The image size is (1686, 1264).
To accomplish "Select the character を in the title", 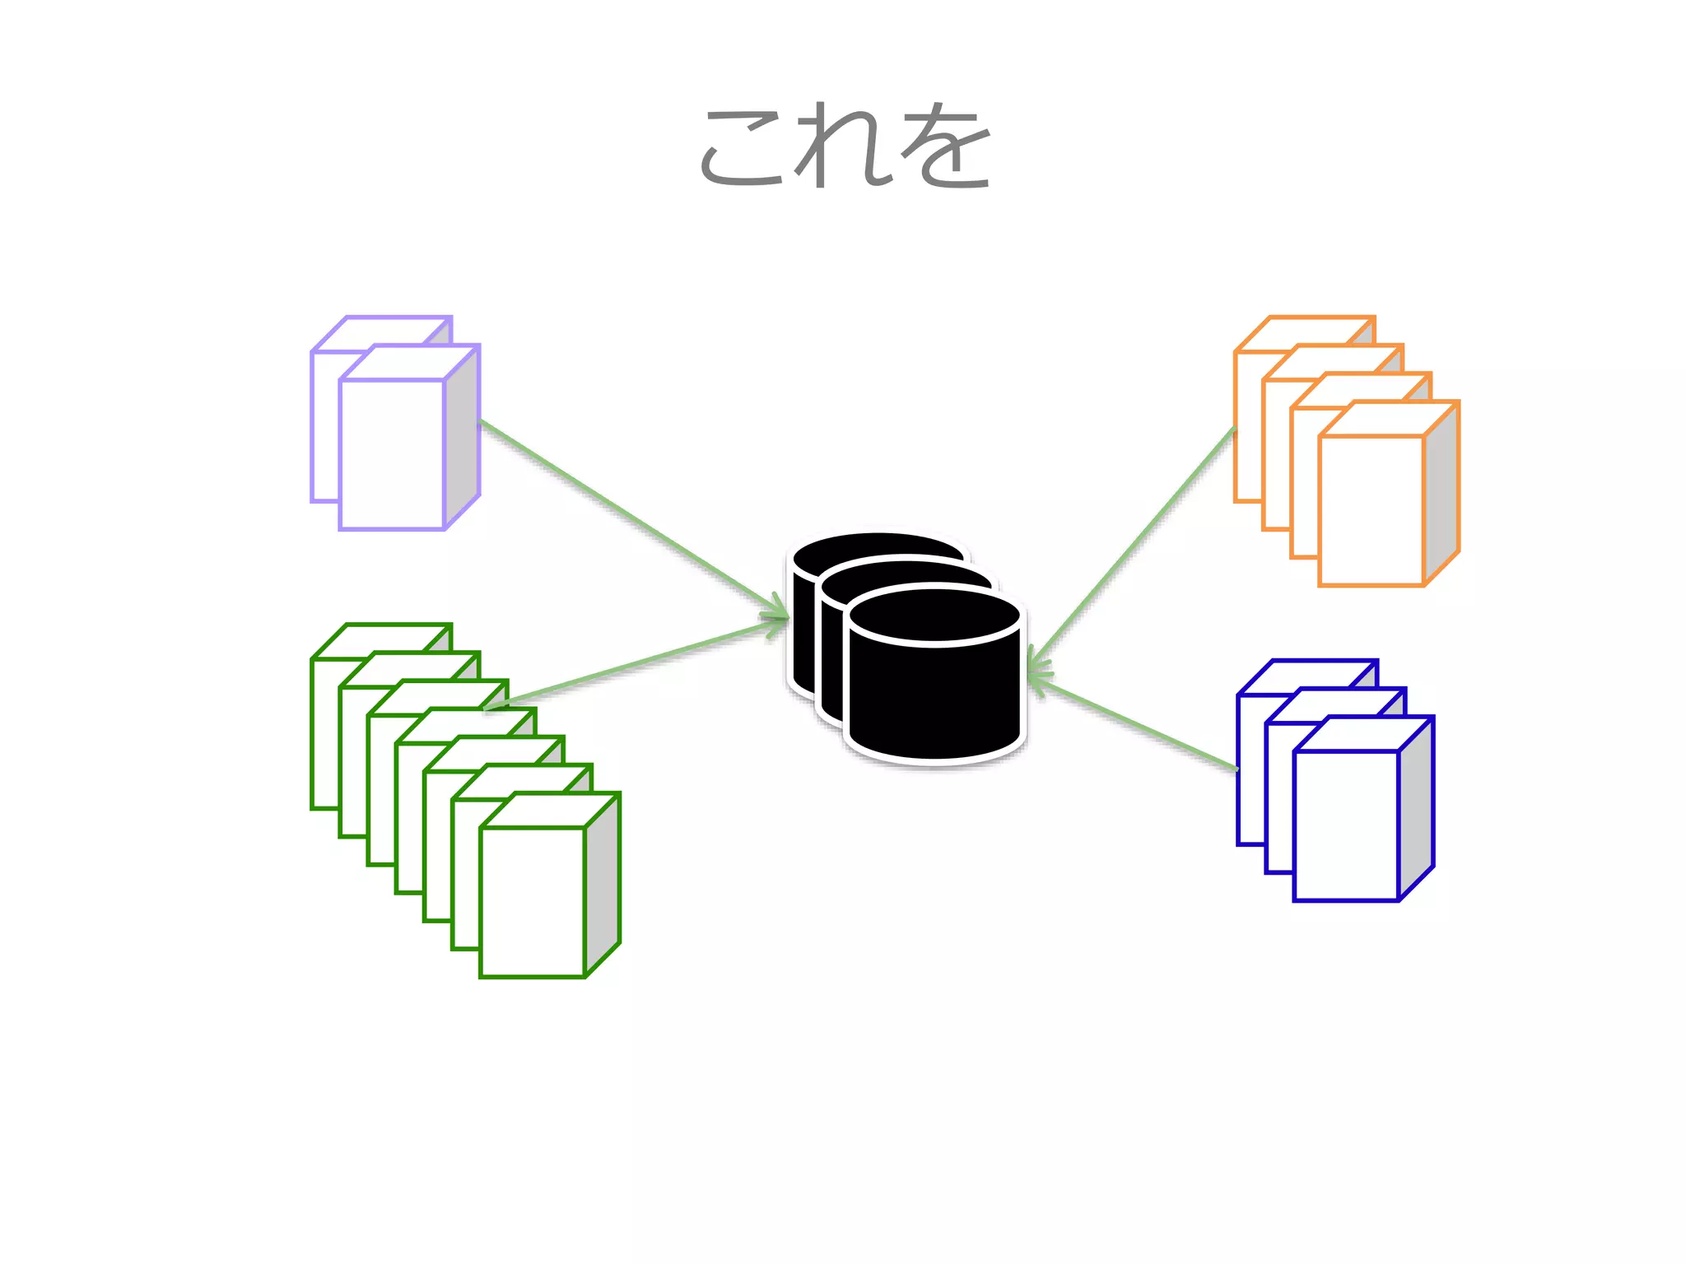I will click(947, 148).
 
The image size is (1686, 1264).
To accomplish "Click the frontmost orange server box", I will click(1371, 510).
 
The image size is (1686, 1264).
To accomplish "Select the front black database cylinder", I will click(935, 699).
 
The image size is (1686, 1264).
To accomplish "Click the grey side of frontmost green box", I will click(602, 885).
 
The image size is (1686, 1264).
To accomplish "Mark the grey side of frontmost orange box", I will click(1441, 494).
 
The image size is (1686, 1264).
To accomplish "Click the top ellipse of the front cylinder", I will click(935, 617).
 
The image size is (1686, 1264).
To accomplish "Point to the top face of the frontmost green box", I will click(549, 810).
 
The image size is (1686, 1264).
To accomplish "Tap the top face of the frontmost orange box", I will click(1388, 419).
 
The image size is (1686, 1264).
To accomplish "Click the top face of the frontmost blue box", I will click(1363, 734).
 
